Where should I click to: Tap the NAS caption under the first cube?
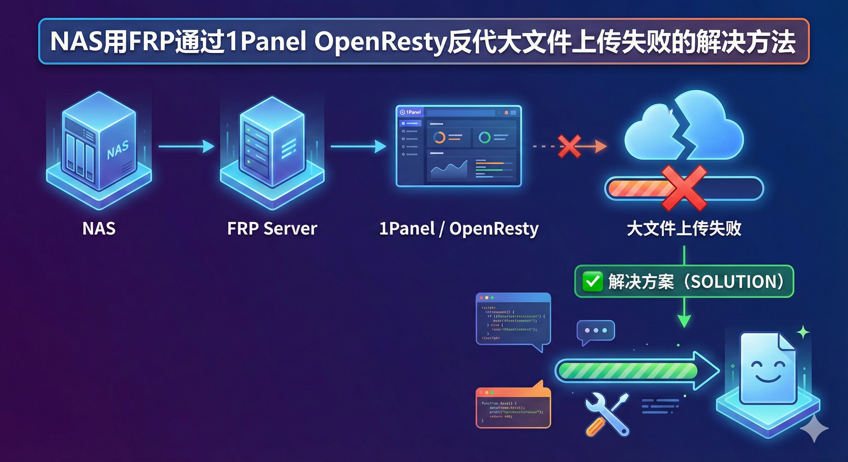click(99, 228)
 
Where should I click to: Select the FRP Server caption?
click(272, 228)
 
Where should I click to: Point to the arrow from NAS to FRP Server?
click(186, 146)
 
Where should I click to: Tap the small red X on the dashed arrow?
click(569, 146)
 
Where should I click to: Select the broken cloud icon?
click(684, 128)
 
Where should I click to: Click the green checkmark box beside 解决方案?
click(593, 282)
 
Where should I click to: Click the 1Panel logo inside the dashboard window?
click(410, 112)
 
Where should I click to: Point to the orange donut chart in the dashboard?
click(439, 137)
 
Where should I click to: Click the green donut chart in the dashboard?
click(484, 137)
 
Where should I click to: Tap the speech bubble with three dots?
click(596, 331)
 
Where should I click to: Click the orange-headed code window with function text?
click(513, 408)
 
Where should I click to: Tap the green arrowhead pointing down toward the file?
click(684, 320)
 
